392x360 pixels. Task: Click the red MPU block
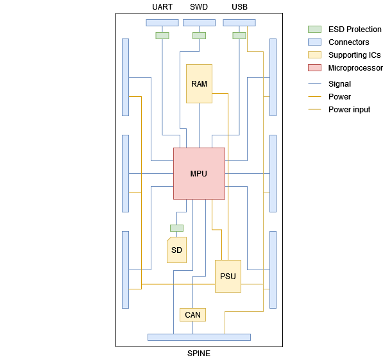[x=199, y=160]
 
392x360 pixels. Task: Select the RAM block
[x=199, y=83]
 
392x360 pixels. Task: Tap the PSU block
[x=228, y=276]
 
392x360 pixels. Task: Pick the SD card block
[x=176, y=250]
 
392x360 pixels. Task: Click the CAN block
[x=192, y=314]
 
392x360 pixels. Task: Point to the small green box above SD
[x=176, y=228]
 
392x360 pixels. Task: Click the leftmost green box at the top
[x=162, y=35]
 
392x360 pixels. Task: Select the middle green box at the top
[x=199, y=35]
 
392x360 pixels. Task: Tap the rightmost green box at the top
[x=239, y=35]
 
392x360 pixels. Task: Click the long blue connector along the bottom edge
[x=199, y=337]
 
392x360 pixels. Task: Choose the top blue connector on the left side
[x=125, y=77]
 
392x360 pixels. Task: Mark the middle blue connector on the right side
[x=273, y=173]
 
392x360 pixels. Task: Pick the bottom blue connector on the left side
[x=125, y=270]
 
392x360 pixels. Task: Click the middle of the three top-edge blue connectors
[x=199, y=22]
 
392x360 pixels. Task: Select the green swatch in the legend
[x=314, y=29]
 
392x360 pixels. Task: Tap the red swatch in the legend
[x=314, y=67]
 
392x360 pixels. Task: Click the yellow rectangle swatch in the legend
[x=314, y=55]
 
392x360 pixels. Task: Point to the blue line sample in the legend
[x=314, y=83]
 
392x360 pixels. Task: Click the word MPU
[x=199, y=174]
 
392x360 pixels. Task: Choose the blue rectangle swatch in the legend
[x=314, y=42]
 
